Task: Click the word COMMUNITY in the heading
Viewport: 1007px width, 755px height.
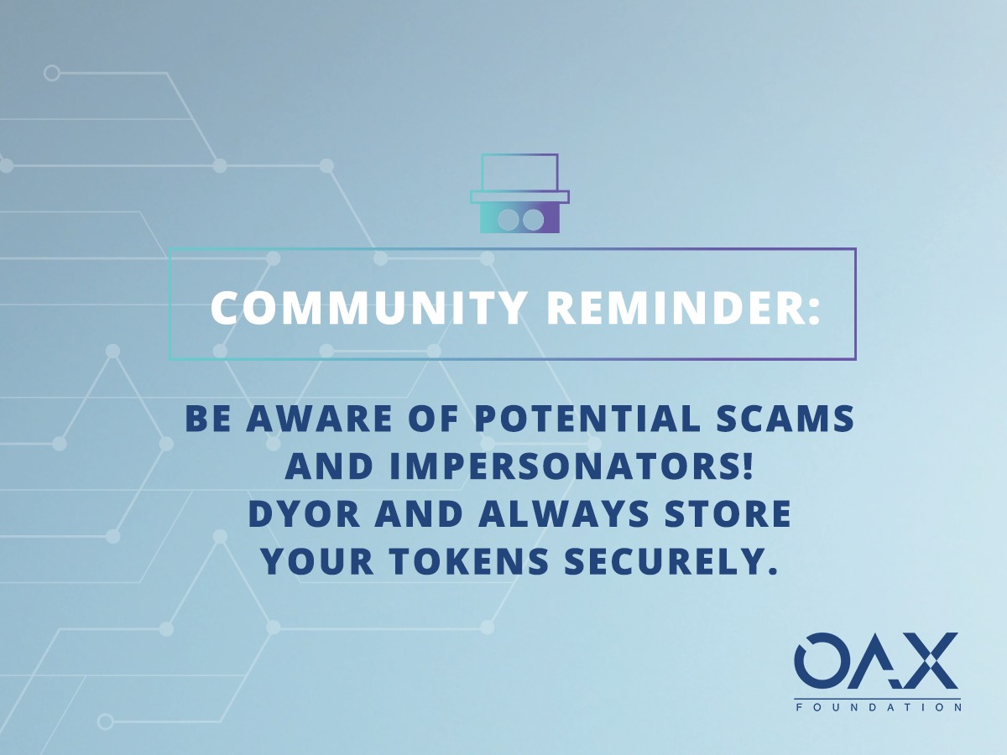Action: click(x=368, y=307)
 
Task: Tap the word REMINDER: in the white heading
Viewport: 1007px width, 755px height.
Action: click(x=684, y=307)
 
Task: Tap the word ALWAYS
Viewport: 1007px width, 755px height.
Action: click(x=564, y=514)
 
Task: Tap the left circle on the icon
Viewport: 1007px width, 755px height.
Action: click(x=508, y=220)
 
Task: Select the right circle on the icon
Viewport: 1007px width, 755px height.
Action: click(x=533, y=220)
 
